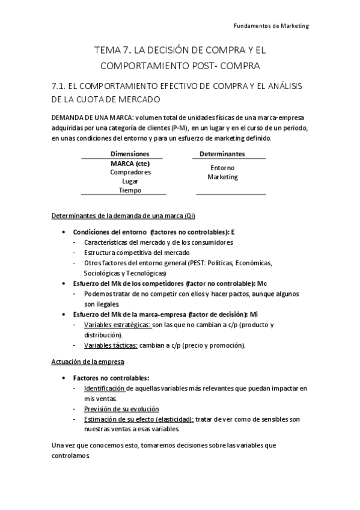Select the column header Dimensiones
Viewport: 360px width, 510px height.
(x=130, y=154)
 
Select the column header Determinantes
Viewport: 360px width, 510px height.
(x=222, y=154)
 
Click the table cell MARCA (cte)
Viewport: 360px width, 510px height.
(x=130, y=163)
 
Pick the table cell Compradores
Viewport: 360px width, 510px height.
(x=130, y=172)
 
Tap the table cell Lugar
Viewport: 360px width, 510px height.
(x=130, y=181)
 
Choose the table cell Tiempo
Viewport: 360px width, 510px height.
(x=130, y=190)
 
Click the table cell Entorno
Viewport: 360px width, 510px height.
(x=222, y=168)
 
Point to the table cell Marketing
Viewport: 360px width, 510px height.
(x=222, y=177)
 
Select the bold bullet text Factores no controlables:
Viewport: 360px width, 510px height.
(x=111, y=378)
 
